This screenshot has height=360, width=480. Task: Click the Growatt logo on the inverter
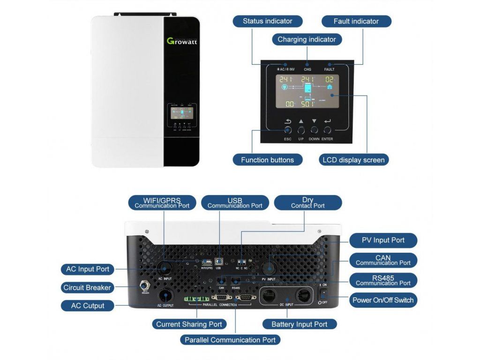coord(182,40)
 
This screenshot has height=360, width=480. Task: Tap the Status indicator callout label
coord(267,21)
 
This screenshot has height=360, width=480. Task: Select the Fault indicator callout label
coord(356,21)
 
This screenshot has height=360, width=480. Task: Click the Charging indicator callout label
coord(307,39)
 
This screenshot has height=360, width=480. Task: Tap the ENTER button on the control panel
coord(328,130)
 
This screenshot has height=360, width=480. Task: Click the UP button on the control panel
coord(301,130)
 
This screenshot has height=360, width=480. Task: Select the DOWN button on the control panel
coord(314,130)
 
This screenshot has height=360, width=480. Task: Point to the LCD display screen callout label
coord(353,160)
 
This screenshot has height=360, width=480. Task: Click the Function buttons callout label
coord(267,160)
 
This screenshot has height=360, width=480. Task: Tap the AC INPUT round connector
coord(165,268)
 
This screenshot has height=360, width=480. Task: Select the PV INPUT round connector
coord(270,268)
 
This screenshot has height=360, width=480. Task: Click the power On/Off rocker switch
coord(323,293)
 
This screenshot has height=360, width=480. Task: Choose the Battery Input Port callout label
coord(299,324)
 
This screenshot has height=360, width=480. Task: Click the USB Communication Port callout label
coord(235,202)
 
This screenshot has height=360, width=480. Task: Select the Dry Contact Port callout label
coord(307,202)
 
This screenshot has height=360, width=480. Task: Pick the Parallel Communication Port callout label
coord(230,340)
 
